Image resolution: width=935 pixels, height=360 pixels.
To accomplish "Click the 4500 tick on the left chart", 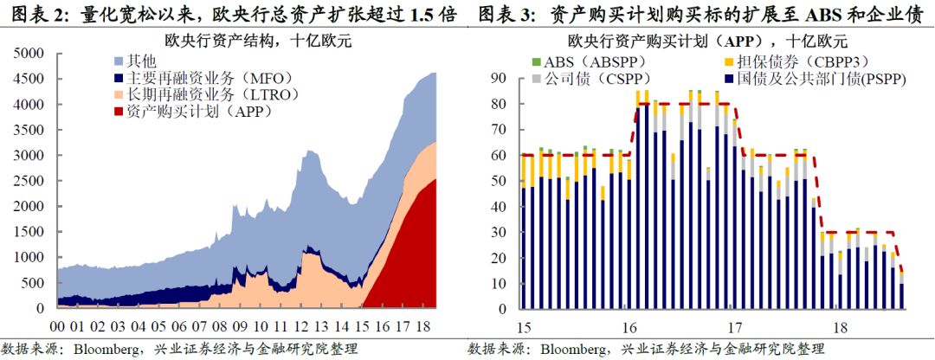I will (x=30, y=79).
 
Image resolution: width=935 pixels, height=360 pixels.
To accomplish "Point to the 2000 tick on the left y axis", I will (x=30, y=206).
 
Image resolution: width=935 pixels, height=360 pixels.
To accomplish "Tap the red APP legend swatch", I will (x=119, y=112).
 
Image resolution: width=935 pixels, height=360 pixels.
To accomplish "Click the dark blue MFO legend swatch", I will (x=119, y=78).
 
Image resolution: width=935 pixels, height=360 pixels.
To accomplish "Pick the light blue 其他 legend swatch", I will (x=119, y=61).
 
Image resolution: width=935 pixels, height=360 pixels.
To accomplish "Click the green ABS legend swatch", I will (x=537, y=62).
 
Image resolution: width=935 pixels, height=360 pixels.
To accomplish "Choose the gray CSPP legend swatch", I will (x=537, y=79).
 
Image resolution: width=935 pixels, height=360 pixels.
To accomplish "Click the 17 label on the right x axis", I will (x=735, y=328).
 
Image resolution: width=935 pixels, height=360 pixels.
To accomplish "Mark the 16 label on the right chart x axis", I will (x=629, y=328).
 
